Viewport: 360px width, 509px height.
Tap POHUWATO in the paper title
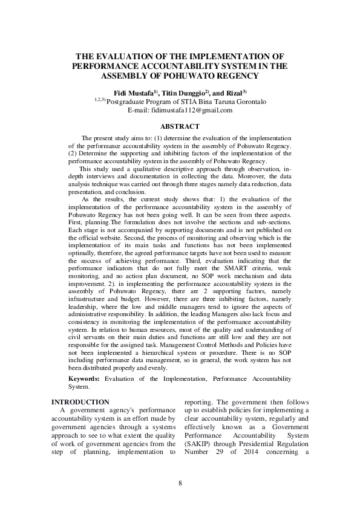coord(197,76)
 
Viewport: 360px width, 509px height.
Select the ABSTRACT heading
coord(180,126)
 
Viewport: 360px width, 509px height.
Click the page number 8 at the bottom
coord(180,482)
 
